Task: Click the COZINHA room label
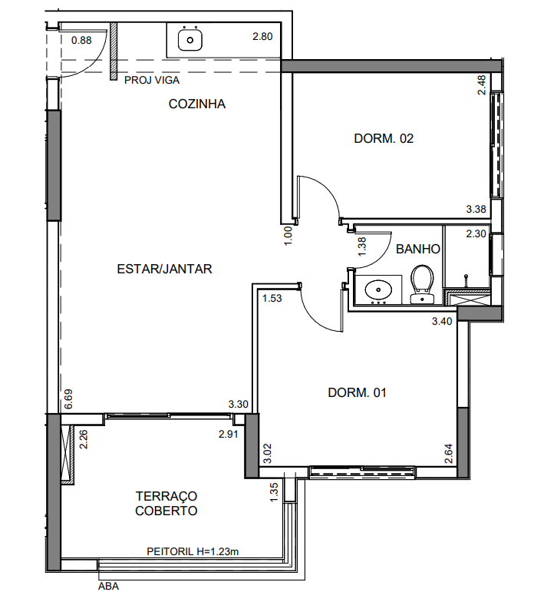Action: click(197, 104)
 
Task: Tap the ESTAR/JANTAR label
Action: click(164, 269)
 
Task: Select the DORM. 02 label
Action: click(384, 138)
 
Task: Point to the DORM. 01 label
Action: click(358, 392)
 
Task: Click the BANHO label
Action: click(418, 249)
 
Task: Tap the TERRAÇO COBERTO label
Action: click(166, 503)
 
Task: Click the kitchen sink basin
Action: click(190, 40)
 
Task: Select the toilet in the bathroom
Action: click(422, 284)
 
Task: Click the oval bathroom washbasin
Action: click(378, 290)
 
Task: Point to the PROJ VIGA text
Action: click(152, 81)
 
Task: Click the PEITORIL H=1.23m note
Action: click(193, 551)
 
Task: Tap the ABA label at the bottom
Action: click(109, 587)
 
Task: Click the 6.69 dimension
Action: click(68, 399)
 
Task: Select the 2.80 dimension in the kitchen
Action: click(262, 37)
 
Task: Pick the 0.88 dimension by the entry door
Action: click(81, 40)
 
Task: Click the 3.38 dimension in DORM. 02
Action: click(476, 209)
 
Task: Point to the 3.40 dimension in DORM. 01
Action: click(442, 321)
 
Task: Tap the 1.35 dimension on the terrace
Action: click(274, 493)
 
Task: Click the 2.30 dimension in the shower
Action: click(476, 233)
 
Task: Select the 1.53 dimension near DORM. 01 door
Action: click(272, 298)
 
